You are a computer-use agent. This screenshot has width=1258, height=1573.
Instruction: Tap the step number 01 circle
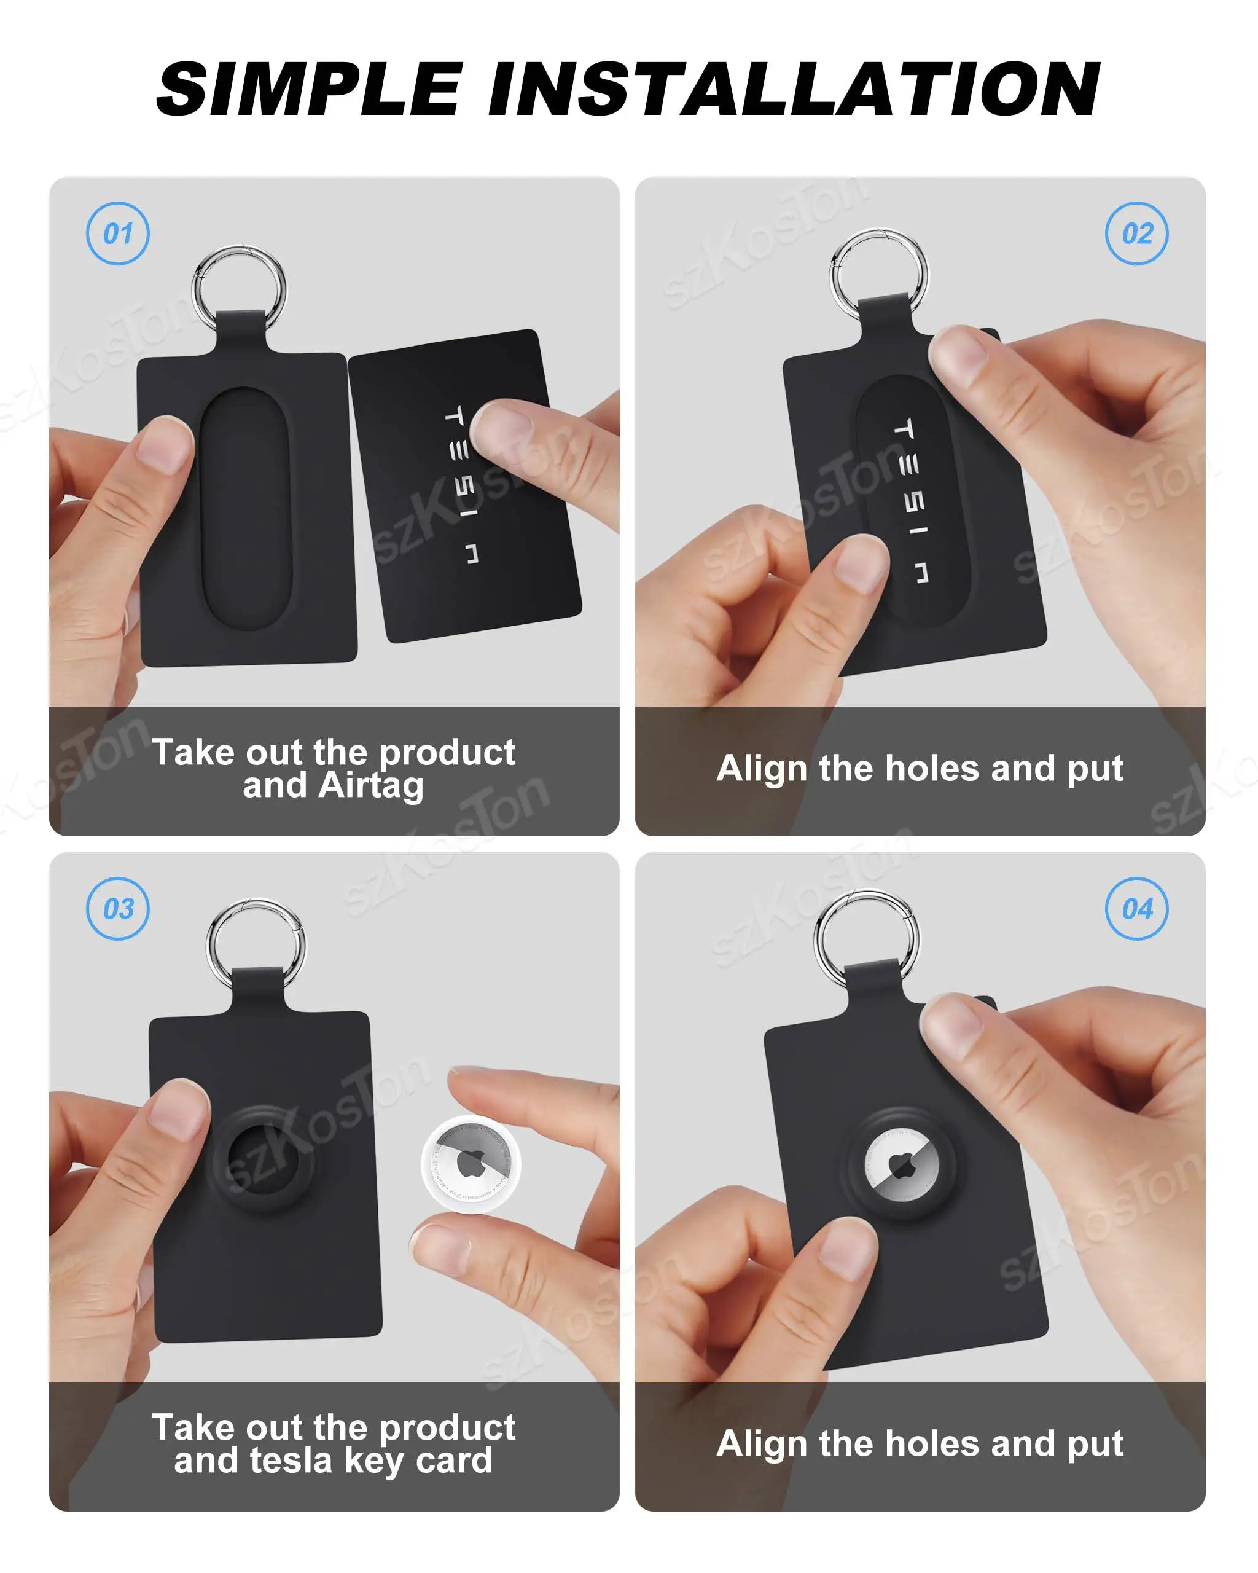pyautogui.click(x=117, y=233)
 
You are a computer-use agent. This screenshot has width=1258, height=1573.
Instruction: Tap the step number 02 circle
pyautogui.click(x=1136, y=233)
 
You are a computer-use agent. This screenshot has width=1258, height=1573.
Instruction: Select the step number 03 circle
pyautogui.click(x=117, y=908)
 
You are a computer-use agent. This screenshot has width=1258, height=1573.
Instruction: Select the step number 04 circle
pyautogui.click(x=1136, y=908)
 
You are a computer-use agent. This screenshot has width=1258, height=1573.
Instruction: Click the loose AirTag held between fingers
pyautogui.click(x=471, y=1164)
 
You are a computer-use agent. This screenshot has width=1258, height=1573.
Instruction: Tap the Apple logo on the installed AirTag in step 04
pyautogui.click(x=902, y=1167)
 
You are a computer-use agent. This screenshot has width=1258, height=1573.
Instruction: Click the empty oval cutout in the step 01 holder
pyautogui.click(x=246, y=509)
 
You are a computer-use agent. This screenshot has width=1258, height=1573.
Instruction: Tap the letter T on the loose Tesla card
pyautogui.click(x=453, y=416)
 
